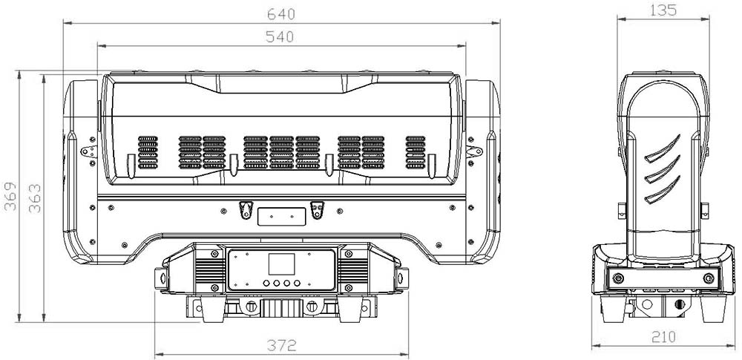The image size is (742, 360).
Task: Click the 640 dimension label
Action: [x=281, y=14]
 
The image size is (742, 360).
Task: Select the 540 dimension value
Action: [x=280, y=36]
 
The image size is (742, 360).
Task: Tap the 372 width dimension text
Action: [x=281, y=345]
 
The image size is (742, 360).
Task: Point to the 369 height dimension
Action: [x=10, y=196]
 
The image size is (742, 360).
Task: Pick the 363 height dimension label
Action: [x=35, y=198]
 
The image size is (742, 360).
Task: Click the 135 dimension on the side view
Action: [x=663, y=10]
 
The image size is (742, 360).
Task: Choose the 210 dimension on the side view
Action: [x=664, y=337]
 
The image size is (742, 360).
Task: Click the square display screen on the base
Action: [x=281, y=264]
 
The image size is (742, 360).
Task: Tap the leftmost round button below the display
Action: [x=266, y=284]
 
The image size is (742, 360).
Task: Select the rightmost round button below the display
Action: [x=298, y=284]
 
